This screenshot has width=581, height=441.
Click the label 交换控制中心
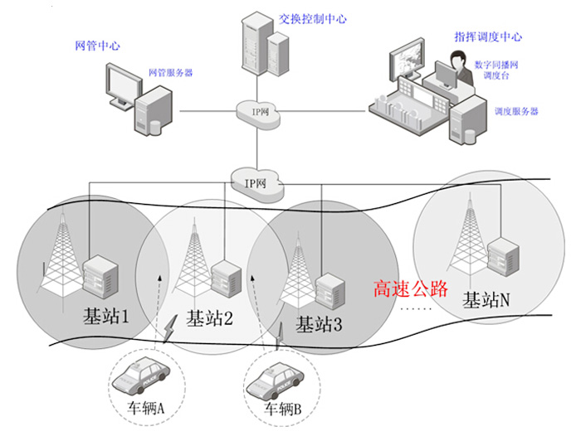coord(313,19)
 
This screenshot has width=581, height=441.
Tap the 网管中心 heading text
coord(97,46)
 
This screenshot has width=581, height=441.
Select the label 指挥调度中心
coord(488,36)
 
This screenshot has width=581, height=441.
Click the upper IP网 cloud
coord(258,114)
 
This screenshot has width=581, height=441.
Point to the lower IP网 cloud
coord(256,185)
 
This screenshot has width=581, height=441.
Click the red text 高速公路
coord(411,288)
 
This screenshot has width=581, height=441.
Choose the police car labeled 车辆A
coord(141,376)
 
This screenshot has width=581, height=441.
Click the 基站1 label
coord(105,317)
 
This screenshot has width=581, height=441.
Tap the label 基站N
coord(486,300)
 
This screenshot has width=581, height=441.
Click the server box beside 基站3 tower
coord(330,291)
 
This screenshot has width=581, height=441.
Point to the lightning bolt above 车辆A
coord(170,328)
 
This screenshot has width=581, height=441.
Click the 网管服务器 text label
coord(171,72)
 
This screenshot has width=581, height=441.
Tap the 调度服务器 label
coord(516,111)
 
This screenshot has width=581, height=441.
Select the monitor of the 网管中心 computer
coord(124,86)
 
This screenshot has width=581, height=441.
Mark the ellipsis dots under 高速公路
coord(417,308)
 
